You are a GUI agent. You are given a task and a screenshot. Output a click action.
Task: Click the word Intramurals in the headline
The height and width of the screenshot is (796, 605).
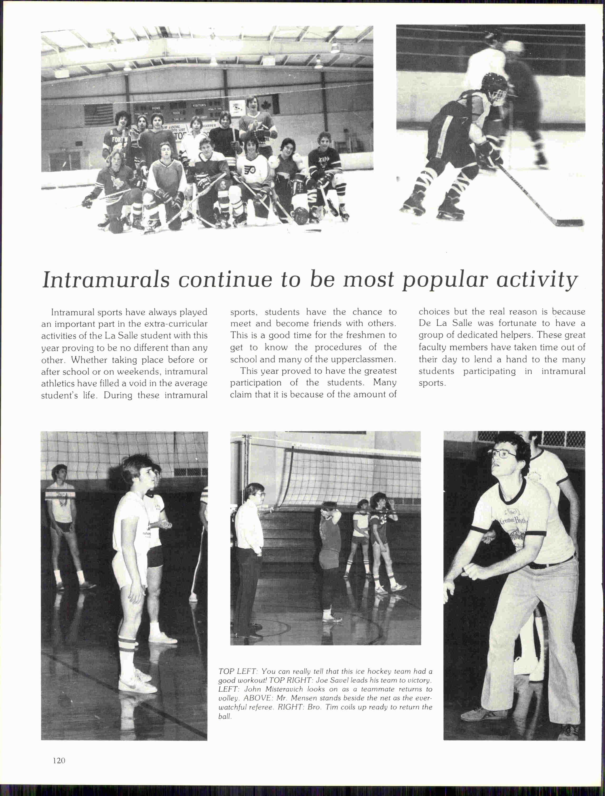tap(106, 280)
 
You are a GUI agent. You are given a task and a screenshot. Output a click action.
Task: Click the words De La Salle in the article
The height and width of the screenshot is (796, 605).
tap(445, 323)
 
